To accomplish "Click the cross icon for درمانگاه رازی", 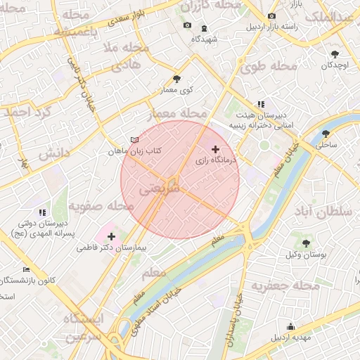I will (x=215, y=149).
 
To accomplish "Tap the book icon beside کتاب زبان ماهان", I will (x=134, y=140).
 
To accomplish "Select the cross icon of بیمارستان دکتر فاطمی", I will (x=111, y=236).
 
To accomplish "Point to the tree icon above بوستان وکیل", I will (x=305, y=243).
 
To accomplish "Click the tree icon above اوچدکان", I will (x=335, y=54).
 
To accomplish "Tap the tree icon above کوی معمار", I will (x=176, y=79).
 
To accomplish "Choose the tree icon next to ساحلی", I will (x=326, y=133).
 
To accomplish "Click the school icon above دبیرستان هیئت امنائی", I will (x=261, y=104).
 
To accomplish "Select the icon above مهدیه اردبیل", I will (x=291, y=326).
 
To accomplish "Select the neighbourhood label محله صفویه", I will (x=101, y=207).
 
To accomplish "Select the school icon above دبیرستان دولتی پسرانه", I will (x=43, y=212).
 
